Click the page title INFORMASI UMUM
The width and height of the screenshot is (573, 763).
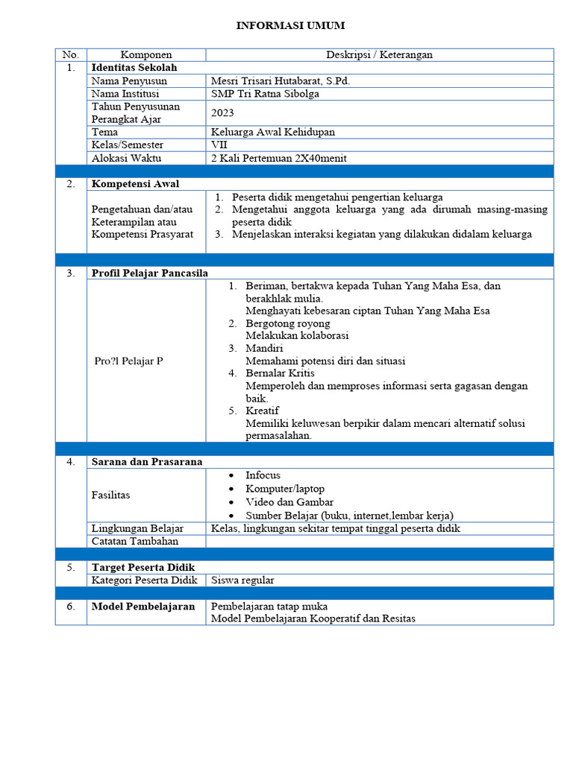[x=290, y=26]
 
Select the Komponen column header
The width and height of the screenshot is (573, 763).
[x=146, y=54]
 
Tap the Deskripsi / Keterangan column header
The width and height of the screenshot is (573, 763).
[x=379, y=54]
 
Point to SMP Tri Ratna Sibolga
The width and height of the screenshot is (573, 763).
[x=265, y=94]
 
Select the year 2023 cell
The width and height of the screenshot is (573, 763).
[x=222, y=113]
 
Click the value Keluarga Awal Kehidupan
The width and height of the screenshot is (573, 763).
[x=273, y=132]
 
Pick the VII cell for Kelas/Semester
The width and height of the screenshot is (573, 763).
[x=219, y=145]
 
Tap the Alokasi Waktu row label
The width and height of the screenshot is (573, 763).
[x=127, y=158]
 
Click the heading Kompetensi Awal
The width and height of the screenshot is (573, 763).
[x=135, y=184]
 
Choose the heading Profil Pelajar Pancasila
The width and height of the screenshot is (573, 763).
[x=149, y=273]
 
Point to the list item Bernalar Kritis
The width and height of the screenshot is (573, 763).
[x=280, y=373]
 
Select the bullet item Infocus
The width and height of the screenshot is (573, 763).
[x=263, y=475]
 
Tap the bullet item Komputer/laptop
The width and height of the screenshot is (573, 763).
[x=285, y=489]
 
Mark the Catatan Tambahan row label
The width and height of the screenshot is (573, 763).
[x=129, y=542]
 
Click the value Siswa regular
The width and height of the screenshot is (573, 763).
[x=242, y=580]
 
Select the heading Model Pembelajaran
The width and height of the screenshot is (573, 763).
[x=143, y=606]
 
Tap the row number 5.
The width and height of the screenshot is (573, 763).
[x=70, y=567]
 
